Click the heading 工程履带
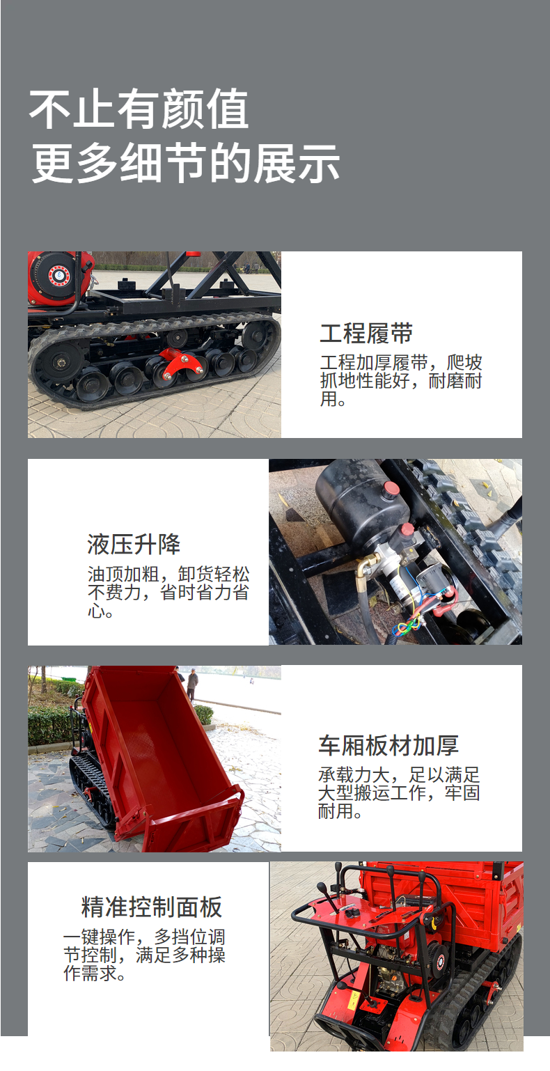pos(366,334)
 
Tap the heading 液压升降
pos(134,544)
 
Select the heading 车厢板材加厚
pos(388,745)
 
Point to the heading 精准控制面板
pos(152,907)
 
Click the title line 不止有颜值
pos(139,109)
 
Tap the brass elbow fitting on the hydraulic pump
pos(366,568)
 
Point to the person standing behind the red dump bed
pos(192,685)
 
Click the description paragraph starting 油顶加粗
pos(168,593)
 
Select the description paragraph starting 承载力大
pos(399,792)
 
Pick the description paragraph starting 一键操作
pos(144,955)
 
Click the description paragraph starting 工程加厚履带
pos(401,381)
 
